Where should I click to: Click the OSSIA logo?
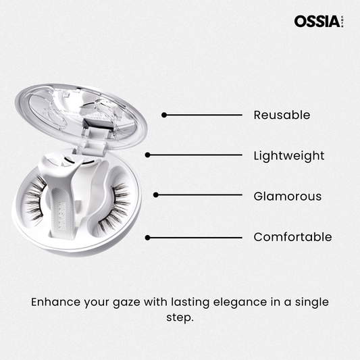319,22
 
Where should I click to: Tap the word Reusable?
282,115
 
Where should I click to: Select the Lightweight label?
289,156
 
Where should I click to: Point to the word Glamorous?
288,197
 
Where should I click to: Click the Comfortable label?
292,236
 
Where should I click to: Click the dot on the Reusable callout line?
164,115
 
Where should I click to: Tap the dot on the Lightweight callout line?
148,155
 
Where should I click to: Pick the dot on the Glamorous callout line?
156,195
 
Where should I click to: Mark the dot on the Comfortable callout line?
148,238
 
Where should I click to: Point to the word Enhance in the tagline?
56,302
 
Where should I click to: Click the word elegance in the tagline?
240,303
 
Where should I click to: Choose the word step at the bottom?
180,318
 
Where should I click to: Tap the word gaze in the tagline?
126,303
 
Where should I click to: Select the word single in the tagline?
312,303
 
